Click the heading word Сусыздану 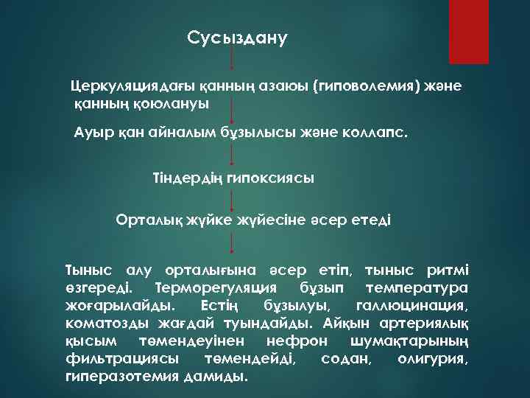tap(237, 38)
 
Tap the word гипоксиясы tap(269, 178)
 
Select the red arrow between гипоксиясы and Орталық tap(233, 200)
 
